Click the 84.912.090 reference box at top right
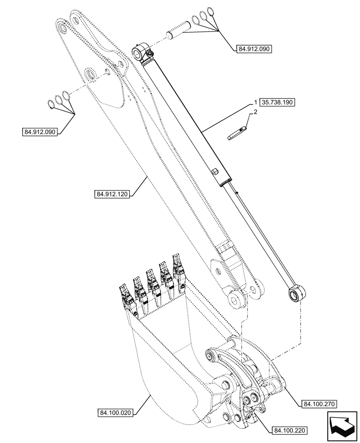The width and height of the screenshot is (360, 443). [x=251, y=48]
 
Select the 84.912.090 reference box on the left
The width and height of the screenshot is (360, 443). [x=40, y=132]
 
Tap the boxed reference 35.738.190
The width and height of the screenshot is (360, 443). [x=278, y=102]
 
